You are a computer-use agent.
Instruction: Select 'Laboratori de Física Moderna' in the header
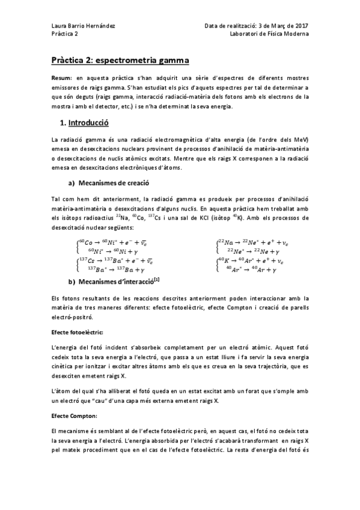pyautogui.click(x=269, y=34)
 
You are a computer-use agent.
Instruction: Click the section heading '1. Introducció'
pyautogui.click(x=85, y=122)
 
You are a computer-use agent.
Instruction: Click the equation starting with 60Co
pyautogui.click(x=117, y=242)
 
